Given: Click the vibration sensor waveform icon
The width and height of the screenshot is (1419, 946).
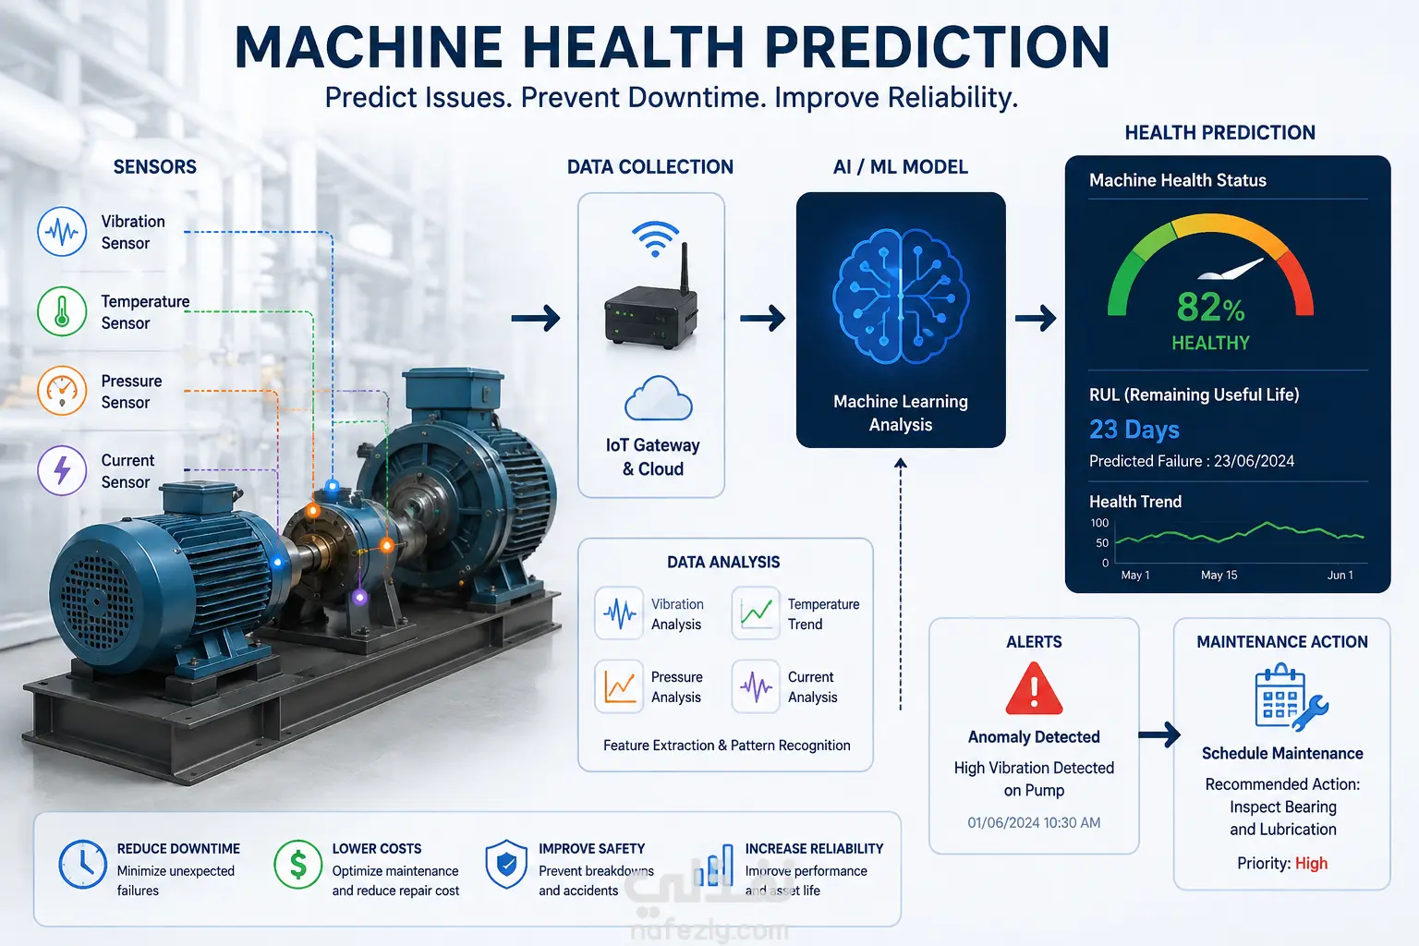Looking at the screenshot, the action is (x=62, y=231).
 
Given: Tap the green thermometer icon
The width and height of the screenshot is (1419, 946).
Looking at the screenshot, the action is (x=62, y=311).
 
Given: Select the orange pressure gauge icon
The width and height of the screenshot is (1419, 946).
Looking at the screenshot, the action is (x=62, y=390).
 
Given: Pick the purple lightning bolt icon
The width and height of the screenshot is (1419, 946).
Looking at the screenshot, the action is (x=62, y=470).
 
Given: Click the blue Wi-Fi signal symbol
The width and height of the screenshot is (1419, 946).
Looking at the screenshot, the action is (x=655, y=239).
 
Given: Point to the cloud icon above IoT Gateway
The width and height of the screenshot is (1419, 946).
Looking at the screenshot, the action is (x=658, y=398).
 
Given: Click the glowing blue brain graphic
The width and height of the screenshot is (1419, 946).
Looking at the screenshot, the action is (x=900, y=297).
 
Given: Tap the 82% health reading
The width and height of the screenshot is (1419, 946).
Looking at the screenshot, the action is (x=1210, y=308).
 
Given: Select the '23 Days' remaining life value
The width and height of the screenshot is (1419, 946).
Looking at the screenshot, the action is (x=1134, y=430).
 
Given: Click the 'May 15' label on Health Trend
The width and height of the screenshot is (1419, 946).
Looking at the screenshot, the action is (x=1219, y=576).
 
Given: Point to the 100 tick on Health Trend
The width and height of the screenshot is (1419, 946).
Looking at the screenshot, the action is (x=1099, y=523).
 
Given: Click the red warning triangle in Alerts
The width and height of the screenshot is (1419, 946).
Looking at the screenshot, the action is (x=1034, y=689).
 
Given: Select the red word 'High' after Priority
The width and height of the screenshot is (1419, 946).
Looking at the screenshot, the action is (x=1311, y=864).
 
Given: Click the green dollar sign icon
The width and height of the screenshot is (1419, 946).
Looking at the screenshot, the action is (x=297, y=865).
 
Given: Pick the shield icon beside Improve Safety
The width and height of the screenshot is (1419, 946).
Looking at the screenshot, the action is (x=506, y=865).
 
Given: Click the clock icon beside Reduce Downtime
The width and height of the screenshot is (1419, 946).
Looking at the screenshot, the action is (x=82, y=865).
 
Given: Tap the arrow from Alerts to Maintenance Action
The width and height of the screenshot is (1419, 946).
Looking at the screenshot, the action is (x=1158, y=735).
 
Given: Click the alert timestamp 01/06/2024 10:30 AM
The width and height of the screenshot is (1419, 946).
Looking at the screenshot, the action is (x=1034, y=822).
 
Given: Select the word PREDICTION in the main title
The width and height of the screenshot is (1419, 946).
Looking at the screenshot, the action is (x=936, y=47).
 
